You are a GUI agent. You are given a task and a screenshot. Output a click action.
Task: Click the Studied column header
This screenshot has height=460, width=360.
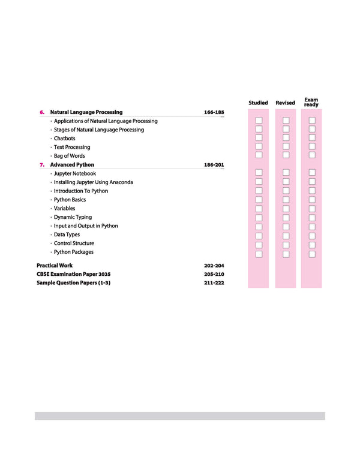click(258, 103)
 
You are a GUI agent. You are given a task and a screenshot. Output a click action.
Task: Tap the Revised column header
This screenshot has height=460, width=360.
click(285, 103)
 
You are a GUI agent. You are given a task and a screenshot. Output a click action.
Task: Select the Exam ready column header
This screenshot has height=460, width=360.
click(311, 103)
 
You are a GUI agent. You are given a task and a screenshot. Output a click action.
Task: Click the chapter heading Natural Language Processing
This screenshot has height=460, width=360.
click(86, 112)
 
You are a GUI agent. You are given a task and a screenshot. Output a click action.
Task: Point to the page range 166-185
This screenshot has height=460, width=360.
click(214, 112)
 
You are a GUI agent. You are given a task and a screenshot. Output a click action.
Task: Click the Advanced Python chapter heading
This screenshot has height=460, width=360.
click(72, 165)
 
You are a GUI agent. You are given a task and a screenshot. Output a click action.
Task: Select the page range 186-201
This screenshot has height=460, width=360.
click(214, 165)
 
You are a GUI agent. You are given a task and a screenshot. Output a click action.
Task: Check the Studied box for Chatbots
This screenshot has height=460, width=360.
click(259, 138)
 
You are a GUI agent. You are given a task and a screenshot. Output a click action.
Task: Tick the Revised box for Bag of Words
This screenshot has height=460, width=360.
click(286, 155)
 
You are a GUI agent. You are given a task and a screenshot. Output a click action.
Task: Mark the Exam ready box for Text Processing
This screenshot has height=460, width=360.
click(312, 146)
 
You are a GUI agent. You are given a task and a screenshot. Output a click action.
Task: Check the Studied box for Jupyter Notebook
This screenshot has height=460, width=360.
click(259, 173)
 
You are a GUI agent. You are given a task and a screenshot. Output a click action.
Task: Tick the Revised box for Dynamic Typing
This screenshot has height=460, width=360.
click(286, 217)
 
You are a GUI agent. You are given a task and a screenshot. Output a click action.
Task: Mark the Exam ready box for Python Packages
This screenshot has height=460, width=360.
click(312, 254)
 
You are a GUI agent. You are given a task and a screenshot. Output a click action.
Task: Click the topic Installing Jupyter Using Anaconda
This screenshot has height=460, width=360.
click(94, 182)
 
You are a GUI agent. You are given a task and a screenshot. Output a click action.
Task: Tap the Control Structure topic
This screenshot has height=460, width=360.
click(74, 243)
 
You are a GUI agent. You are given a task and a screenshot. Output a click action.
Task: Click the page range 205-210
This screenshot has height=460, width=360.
click(214, 273)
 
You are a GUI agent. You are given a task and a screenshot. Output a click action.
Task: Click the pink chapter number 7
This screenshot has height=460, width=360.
click(42, 165)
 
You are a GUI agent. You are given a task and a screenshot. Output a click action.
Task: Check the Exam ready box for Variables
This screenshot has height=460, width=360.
click(312, 209)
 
